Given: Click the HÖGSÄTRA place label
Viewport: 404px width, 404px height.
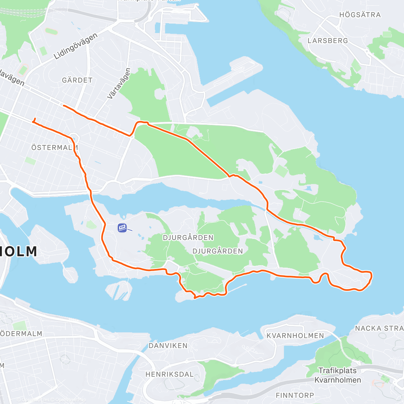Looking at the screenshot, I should (x=360, y=15).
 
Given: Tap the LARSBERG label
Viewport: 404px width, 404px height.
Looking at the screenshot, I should (x=328, y=41).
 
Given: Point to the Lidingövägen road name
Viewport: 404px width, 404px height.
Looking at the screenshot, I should (x=76, y=46).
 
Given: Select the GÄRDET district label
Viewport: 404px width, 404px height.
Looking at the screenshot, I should (x=77, y=80).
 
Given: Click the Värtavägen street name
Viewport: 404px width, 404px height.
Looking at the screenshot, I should (x=119, y=84).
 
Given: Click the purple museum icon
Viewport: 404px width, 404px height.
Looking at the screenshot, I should (x=122, y=228).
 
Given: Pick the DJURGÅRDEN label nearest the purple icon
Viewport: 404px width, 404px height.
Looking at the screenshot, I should (x=188, y=238).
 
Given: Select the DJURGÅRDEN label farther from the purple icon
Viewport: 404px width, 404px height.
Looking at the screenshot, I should (x=217, y=251).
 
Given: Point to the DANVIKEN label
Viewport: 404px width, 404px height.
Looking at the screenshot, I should (x=168, y=346).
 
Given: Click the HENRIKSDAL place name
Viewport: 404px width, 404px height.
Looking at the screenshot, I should (x=169, y=374).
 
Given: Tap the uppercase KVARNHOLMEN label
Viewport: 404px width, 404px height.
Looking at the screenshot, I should (x=295, y=336).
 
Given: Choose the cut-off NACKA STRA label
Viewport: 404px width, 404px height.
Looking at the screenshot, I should (x=379, y=328).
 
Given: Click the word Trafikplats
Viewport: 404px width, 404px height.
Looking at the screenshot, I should (x=337, y=371).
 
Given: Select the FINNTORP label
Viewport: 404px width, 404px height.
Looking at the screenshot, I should (x=295, y=395).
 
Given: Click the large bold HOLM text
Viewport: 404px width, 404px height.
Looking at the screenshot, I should (x=19, y=251).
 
